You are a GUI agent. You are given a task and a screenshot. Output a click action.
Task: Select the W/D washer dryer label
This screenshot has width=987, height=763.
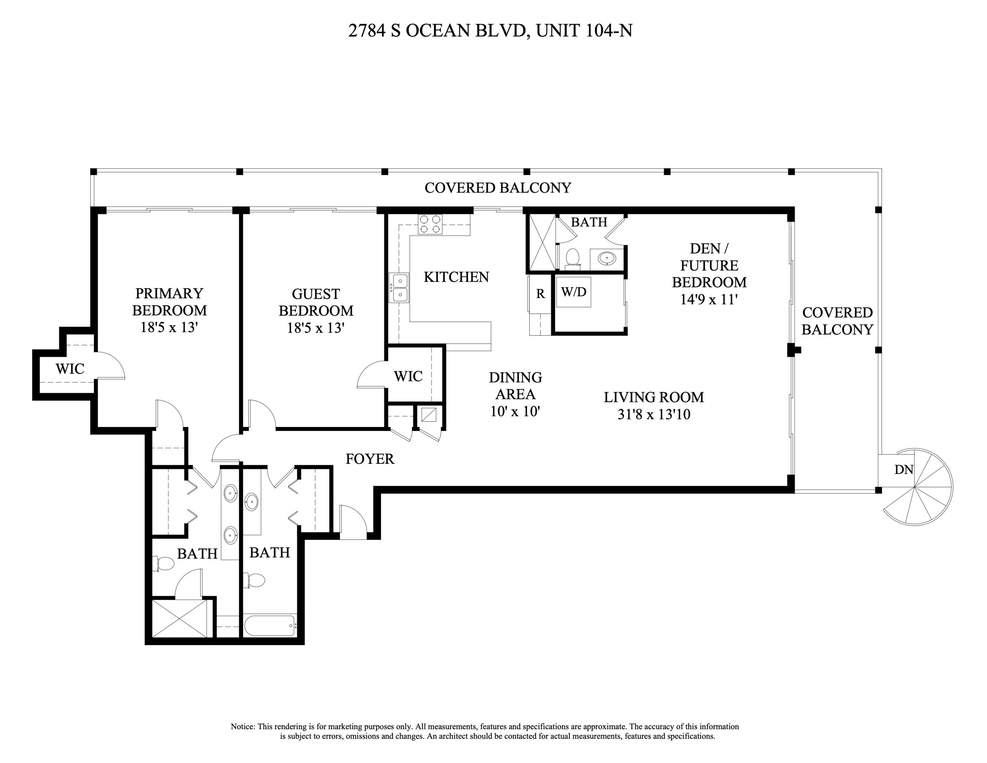tap(573, 292)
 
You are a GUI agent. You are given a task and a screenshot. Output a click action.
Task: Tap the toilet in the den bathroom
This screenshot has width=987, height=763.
tap(572, 259)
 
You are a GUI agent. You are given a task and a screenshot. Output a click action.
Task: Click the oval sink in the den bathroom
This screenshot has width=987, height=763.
tap(606, 258)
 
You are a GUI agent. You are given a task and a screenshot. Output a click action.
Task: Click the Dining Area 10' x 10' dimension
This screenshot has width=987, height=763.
tap(515, 411)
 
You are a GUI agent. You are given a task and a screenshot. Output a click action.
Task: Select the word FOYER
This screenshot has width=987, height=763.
tap(370, 459)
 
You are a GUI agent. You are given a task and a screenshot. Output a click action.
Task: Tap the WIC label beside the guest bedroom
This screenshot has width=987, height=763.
tap(408, 377)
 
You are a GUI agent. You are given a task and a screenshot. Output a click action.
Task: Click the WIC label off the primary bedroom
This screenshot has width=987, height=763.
tap(70, 369)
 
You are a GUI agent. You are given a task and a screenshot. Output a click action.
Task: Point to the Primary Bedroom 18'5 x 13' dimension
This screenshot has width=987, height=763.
tap(169, 327)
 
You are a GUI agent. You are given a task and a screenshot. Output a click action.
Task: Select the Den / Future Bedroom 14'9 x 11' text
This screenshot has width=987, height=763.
tap(709, 274)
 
